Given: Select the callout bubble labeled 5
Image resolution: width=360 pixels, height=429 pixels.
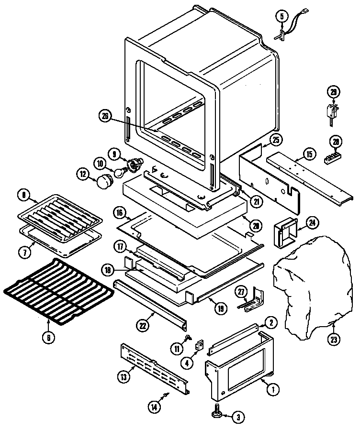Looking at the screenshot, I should (281, 16).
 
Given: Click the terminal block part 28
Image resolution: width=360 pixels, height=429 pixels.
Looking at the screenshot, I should (332, 157).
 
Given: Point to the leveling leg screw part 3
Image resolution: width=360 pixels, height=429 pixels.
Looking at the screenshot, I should (217, 411).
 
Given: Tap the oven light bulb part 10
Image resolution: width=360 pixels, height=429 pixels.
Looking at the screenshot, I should (118, 171).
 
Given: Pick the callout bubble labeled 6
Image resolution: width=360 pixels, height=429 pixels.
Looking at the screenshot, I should (48, 337).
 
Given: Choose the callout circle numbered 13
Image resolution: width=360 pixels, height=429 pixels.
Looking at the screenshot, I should (124, 376).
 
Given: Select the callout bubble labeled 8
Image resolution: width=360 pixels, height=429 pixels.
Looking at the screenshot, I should (23, 195).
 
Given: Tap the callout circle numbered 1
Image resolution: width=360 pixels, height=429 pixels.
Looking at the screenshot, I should (272, 389).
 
